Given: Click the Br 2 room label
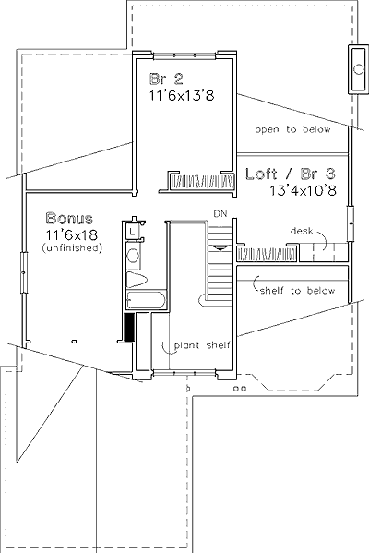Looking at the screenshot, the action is tap(166, 79).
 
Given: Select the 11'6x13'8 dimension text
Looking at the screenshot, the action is tap(183, 96).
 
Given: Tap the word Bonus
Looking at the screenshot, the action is tap(69, 218).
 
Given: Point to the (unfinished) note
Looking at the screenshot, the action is tap(72, 248).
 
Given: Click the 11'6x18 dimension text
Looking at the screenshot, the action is tap(72, 234).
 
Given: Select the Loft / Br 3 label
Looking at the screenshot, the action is tap(291, 174).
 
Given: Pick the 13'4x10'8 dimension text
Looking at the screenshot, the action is tap(304, 190).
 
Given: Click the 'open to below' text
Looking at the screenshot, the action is tap(292, 130).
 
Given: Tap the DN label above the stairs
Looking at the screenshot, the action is tap(220, 213).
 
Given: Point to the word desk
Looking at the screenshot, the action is tap(302, 232).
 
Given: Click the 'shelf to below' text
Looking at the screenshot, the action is tap(297, 291).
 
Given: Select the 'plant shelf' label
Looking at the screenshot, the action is tap(202, 345).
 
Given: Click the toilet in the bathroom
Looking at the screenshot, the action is tap(137, 280).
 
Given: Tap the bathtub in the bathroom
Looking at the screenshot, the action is tap(147, 300).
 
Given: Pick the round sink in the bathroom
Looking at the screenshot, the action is tap(134, 255).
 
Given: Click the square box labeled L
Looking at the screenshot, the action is tap(133, 232).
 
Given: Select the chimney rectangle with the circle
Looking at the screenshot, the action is tap(359, 69).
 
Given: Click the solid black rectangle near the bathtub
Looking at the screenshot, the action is tap(129, 327).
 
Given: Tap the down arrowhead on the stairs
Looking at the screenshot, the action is tap(220, 247).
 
